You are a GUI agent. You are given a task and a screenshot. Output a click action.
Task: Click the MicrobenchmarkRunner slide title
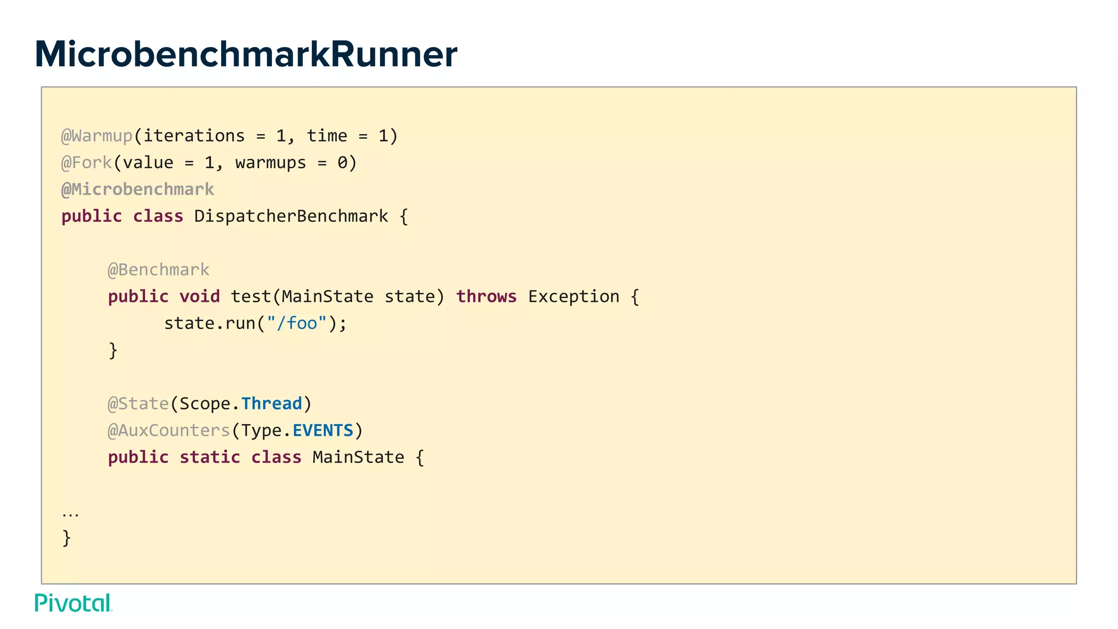[x=246, y=55]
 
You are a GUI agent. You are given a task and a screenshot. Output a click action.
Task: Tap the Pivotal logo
[x=73, y=603]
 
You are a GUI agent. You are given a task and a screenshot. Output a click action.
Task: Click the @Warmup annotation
[x=97, y=135]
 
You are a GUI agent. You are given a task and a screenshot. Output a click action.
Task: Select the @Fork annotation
[x=86, y=162]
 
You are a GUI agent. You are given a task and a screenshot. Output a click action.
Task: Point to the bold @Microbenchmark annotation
[x=138, y=189]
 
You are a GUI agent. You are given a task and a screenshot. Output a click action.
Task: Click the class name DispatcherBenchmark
[x=291, y=216]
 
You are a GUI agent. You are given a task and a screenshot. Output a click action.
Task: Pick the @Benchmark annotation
[x=158, y=269]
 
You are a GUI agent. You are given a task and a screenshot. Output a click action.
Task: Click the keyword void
[x=200, y=296]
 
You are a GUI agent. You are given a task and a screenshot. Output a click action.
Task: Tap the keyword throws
[x=486, y=296]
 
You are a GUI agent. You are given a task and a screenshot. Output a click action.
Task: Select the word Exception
[x=574, y=296]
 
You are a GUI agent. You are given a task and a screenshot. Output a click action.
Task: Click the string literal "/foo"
[x=297, y=323]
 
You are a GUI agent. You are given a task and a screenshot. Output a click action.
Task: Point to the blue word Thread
[x=271, y=403]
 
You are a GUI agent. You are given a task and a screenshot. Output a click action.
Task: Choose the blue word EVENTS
[x=323, y=430]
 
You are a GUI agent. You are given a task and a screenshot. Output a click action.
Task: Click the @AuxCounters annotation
[x=169, y=430]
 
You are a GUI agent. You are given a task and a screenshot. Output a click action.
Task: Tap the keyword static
[x=210, y=457]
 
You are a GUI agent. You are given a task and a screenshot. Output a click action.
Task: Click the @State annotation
[x=138, y=403]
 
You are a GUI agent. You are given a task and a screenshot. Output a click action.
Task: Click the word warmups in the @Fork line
[x=271, y=162]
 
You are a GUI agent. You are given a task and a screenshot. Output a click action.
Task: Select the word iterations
[x=194, y=135]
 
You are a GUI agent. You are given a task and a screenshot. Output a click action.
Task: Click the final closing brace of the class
[x=67, y=538]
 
